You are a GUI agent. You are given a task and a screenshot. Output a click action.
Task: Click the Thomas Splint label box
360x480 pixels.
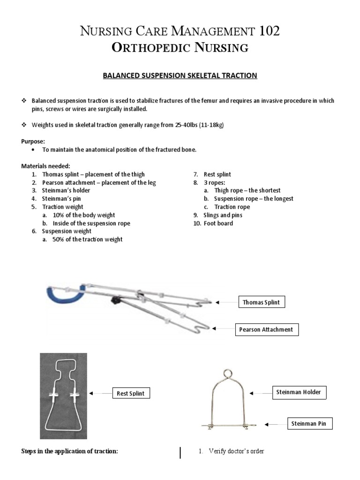tap(261, 302)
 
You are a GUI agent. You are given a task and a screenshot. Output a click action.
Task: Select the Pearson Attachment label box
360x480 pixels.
tap(267, 330)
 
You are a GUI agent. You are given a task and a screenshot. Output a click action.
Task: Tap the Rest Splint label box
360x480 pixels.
tap(131, 393)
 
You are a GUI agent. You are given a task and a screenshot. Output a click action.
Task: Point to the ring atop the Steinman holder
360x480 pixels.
tap(227, 374)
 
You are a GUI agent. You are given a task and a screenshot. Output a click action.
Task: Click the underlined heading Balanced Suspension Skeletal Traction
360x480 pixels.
tap(180, 75)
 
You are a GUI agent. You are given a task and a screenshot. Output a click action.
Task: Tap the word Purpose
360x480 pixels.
tap(33, 141)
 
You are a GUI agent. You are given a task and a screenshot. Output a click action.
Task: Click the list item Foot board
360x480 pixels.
tap(218, 223)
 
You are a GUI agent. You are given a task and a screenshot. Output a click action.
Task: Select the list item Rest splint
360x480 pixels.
tap(217, 174)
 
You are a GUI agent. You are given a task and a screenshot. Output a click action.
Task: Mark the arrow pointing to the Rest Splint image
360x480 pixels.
tap(99, 393)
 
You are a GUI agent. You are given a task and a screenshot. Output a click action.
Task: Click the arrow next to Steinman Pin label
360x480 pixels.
tap(273, 424)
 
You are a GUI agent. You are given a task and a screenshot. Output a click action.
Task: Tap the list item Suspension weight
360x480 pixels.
tap(67, 231)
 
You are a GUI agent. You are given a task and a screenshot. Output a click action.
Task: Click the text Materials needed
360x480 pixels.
tap(45, 166)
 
